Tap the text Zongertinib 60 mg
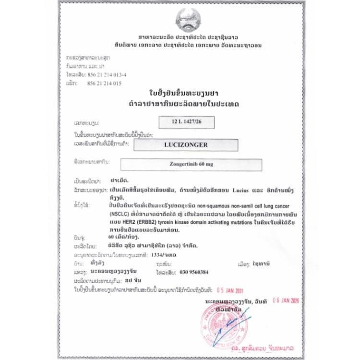[x=191, y=164]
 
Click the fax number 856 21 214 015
[x=105, y=83]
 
